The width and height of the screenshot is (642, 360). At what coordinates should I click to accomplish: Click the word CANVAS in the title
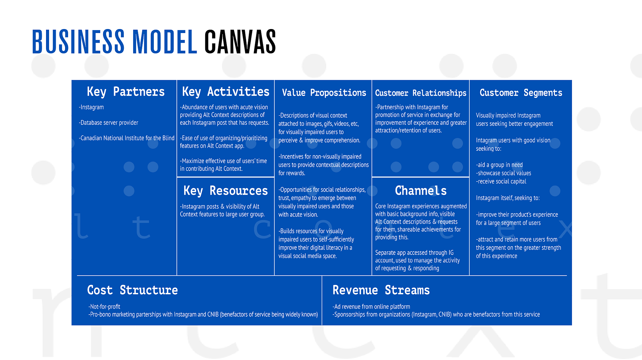coord(240,42)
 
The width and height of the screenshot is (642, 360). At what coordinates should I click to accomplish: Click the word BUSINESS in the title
coord(78,42)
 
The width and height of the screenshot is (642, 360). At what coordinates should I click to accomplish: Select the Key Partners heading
coord(126,92)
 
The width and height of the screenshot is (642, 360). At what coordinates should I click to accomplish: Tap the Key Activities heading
coord(226,92)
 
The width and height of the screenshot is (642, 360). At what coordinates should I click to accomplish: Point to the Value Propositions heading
coord(324,93)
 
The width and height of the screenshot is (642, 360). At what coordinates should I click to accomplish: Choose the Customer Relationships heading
coord(421,93)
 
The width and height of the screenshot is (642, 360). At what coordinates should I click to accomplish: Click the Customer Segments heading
coord(521,93)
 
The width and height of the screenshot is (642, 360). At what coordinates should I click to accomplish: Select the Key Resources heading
coord(226,191)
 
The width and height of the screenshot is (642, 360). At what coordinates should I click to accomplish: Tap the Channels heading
coord(421,191)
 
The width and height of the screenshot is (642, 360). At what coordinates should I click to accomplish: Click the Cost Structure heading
coord(132,290)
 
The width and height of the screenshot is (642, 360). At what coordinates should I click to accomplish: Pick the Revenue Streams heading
coord(381,290)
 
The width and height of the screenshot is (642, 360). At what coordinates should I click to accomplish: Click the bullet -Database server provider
coord(108,123)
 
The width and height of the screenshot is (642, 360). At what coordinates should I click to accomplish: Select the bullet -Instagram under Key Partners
coord(91,107)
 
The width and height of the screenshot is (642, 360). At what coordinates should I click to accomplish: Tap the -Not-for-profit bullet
coord(104,307)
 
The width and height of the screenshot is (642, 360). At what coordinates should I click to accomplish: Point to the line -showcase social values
coord(504,173)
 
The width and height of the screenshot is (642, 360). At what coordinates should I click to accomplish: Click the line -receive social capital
coord(501,182)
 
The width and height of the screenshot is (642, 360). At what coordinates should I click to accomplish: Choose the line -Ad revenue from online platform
coord(371,307)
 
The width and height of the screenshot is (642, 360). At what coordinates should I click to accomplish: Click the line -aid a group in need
coord(500,165)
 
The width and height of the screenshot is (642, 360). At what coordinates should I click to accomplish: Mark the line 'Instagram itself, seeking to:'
coord(508,198)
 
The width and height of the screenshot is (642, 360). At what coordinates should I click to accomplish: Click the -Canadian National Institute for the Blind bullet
coord(126,138)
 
